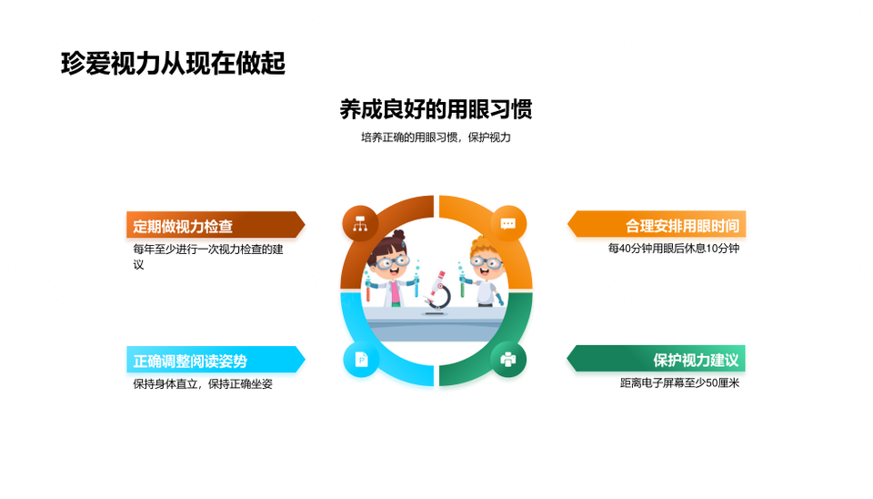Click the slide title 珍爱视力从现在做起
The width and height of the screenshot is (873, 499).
[x=173, y=63]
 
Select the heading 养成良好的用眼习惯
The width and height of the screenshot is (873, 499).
[x=436, y=109]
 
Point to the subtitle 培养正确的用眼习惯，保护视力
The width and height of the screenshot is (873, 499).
[x=436, y=137]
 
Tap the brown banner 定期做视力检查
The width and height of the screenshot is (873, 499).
[x=216, y=225]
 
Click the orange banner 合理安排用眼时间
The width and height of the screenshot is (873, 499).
[x=657, y=225]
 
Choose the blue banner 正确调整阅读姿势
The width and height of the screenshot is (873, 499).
[x=216, y=361]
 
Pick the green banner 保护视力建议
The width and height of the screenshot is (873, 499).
[x=657, y=360]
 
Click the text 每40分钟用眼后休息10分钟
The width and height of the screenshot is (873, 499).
[x=674, y=248]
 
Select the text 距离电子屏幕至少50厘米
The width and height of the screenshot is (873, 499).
[x=680, y=383]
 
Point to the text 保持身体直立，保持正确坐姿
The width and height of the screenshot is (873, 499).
[x=203, y=383]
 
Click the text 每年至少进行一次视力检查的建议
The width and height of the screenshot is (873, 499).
[x=208, y=257]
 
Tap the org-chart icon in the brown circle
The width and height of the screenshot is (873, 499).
[x=360, y=224]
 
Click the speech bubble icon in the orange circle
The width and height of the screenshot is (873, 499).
[x=507, y=224]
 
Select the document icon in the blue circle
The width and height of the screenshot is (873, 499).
[x=361, y=360]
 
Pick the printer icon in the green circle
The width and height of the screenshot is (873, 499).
[x=507, y=360]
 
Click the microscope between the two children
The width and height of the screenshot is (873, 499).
[x=437, y=291]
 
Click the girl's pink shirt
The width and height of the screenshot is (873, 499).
[x=395, y=292]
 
